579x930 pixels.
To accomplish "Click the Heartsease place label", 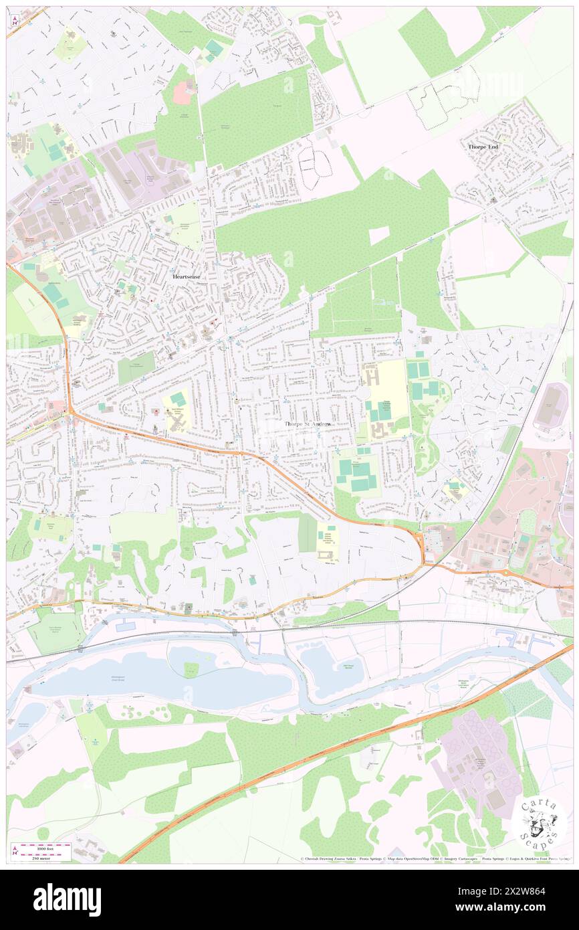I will pyautogui.click(x=186, y=276).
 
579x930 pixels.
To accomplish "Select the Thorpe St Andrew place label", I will pyautogui.click(x=307, y=424).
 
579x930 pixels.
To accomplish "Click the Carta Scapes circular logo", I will pyautogui.click(x=540, y=824).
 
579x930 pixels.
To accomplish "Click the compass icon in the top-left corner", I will pyautogui.click(x=15, y=20).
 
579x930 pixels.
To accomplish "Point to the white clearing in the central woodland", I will pyautogui.click(x=379, y=235).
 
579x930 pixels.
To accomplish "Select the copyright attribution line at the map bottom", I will pyautogui.click(x=435, y=858).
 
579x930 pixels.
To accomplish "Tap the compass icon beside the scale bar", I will pyautogui.click(x=15, y=851).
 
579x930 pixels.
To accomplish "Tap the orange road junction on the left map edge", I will pyautogui.click(x=70, y=414).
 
